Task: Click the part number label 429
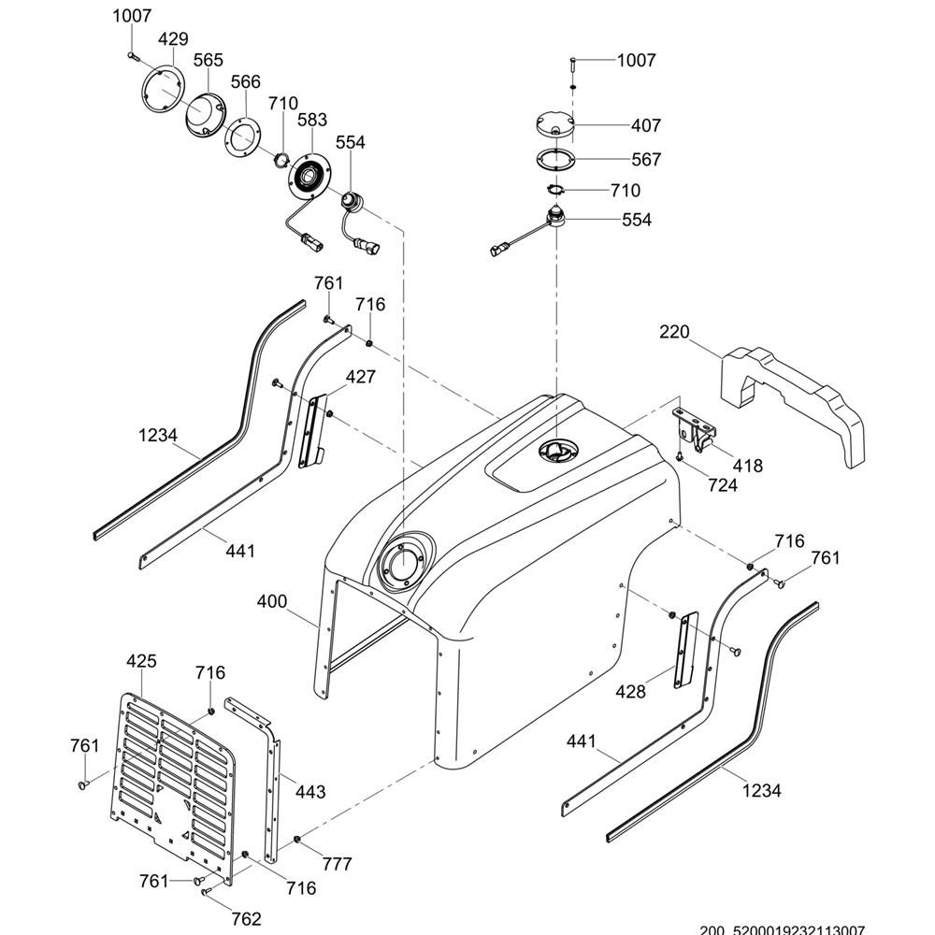173,39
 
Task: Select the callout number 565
208,60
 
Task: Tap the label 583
312,120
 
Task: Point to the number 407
646,125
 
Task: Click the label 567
646,160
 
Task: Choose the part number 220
674,332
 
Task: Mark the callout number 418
748,466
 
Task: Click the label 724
723,485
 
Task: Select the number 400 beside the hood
272,601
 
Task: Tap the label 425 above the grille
141,661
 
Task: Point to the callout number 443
310,792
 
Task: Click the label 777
337,864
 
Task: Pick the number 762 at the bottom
246,919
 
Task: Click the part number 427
361,377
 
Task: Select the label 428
632,692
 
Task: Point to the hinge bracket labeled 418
697,431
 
